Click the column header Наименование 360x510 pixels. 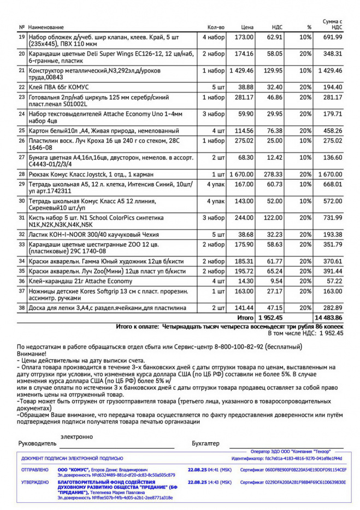[x=46, y=27]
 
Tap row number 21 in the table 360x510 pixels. [x=22, y=70]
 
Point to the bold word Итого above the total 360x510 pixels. [x=245, y=318]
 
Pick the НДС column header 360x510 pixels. [x=277, y=27]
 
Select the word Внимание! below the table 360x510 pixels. [x=32, y=354]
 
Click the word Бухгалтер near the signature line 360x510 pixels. [x=205, y=444]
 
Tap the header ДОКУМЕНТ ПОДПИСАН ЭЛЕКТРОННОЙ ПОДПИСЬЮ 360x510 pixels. [x=72, y=458]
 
